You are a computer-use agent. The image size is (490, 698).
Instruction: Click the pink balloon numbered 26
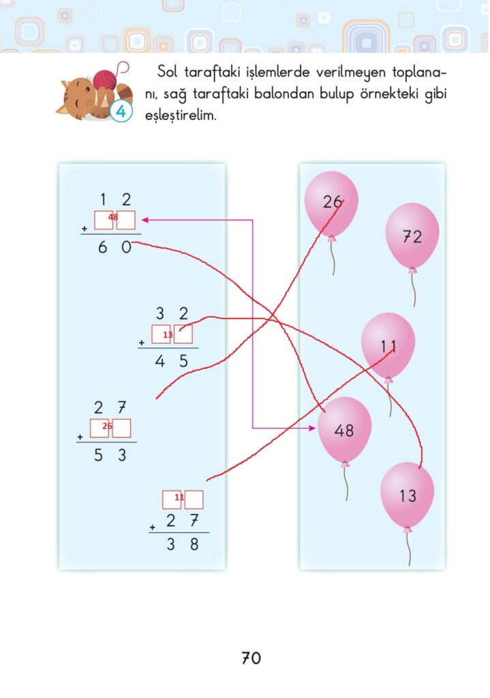331,202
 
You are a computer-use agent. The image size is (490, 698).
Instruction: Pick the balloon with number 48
345,429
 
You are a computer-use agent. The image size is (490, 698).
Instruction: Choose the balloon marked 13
407,496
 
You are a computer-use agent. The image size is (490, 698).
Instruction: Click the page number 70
251,658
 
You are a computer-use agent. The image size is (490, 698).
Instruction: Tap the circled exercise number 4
121,111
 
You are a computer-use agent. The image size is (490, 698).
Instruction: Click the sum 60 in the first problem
114,249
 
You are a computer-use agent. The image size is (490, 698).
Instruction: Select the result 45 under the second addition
170,362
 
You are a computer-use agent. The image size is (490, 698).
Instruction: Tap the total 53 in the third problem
110,456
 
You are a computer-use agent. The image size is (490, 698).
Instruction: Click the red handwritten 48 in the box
113,217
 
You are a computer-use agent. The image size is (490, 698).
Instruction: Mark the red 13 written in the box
168,335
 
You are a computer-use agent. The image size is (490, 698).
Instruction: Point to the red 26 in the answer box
107,427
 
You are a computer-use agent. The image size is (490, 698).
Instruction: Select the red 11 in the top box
179,498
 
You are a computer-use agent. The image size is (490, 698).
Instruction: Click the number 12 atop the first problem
114,200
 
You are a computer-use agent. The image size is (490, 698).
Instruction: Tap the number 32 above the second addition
171,314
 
